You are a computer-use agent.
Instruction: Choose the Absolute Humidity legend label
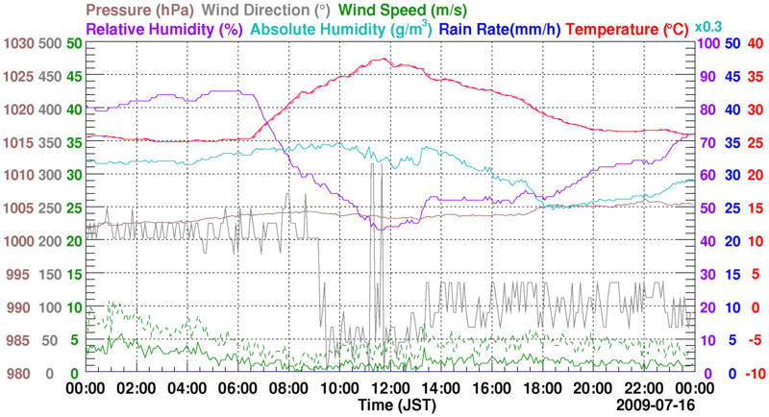[339, 29]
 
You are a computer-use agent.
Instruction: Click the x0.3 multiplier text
[708, 26]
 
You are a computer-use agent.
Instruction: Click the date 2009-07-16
[654, 405]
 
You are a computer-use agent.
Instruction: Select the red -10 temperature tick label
[753, 373]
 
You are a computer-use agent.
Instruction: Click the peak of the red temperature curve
[384, 59]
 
